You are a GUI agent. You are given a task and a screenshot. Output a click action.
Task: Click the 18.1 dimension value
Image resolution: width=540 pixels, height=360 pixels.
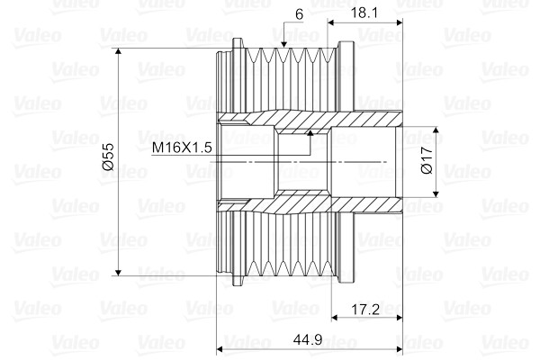click(x=364, y=13)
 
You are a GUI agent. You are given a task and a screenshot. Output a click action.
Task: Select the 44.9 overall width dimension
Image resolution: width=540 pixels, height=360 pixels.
click(x=308, y=340)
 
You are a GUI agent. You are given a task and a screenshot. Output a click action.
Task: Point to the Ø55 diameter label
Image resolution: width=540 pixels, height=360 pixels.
click(x=108, y=157)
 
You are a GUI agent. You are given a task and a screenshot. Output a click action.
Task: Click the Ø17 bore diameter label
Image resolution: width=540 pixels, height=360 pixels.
click(x=427, y=160)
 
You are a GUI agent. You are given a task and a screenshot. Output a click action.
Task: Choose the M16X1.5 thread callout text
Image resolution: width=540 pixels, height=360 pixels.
click(x=182, y=148)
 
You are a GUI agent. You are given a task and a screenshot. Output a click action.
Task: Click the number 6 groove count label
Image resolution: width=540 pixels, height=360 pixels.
click(x=299, y=14)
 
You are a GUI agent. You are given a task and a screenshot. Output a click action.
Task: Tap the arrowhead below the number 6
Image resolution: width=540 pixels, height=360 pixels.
click(x=283, y=44)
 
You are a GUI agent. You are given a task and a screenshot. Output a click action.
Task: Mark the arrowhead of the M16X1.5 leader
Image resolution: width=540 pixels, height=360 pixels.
click(x=310, y=133)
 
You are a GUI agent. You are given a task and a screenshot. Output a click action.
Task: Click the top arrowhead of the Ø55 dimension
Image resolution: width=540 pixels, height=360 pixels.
click(x=118, y=51)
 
